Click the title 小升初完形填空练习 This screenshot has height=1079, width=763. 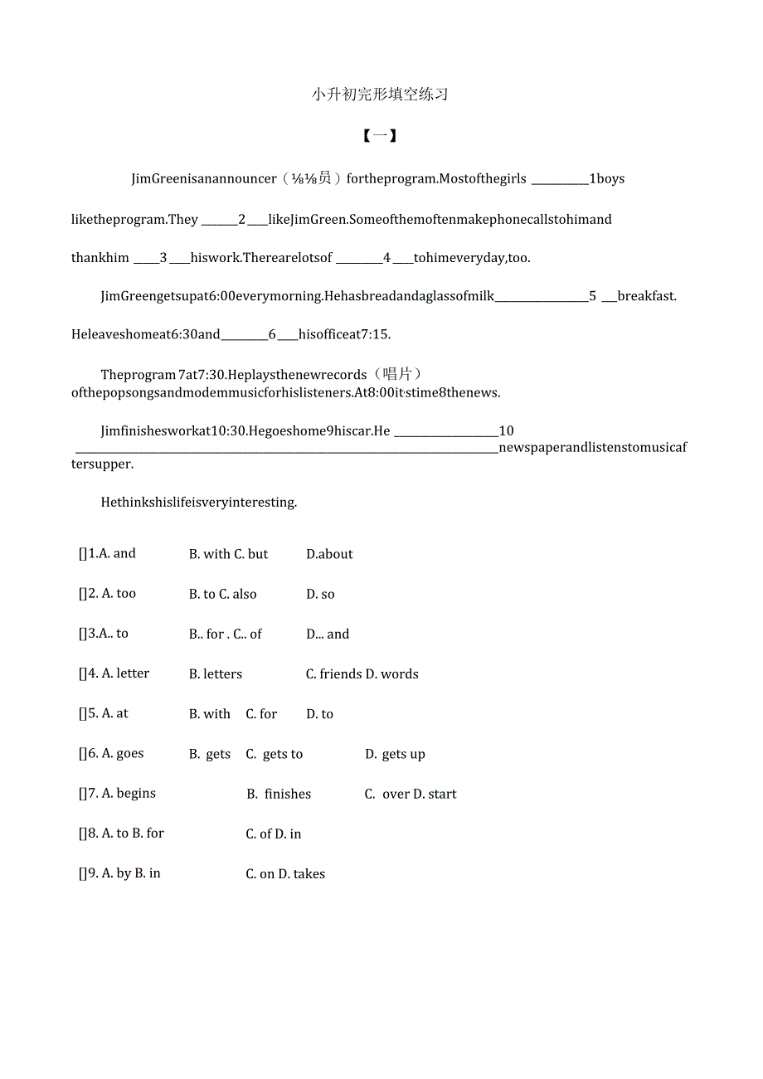pos(380,95)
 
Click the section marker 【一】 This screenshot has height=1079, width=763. pos(380,136)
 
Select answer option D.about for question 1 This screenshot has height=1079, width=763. pos(329,554)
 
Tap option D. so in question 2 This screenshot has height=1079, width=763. pos(320,595)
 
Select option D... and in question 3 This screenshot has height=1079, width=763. pos(328,634)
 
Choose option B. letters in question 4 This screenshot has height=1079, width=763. pos(216,674)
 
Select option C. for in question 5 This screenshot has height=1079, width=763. pos(261,714)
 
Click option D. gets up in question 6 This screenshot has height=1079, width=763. pos(395,754)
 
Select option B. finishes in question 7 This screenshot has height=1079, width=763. pos(279,794)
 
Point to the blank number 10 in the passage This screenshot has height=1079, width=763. pos(506,431)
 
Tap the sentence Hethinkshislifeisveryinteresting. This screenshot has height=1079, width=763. pos(198,503)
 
